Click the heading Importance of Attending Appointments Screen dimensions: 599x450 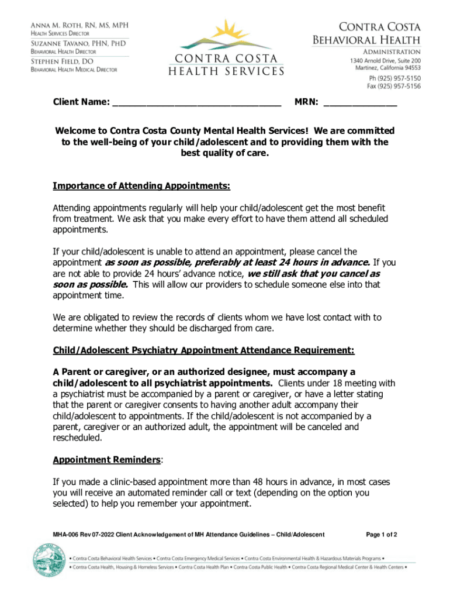(x=141, y=186)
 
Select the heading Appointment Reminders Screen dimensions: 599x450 (x=106, y=460)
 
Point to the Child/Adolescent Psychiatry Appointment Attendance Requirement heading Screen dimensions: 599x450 (x=203, y=350)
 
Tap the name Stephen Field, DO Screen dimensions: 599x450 (x=65, y=60)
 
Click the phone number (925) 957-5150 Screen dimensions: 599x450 (x=394, y=78)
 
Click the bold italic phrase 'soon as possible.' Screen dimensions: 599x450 (x=91, y=284)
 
